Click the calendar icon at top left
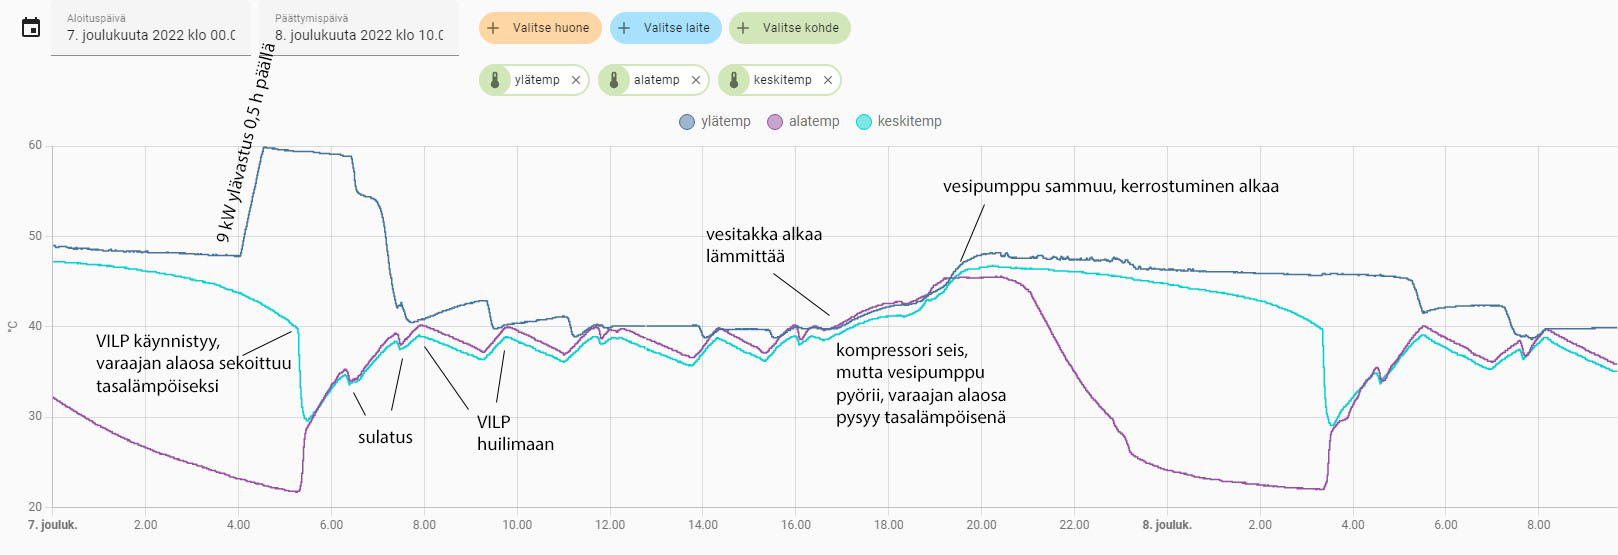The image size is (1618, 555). coord(31,28)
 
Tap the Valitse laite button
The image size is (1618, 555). coord(665,28)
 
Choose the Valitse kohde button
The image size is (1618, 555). coord(789,28)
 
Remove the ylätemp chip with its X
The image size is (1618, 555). coord(576,80)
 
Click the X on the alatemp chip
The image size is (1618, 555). coord(696,80)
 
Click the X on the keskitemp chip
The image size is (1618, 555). coord(828,80)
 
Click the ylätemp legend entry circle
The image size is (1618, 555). coord(687,122)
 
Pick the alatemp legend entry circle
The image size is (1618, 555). coord(775,122)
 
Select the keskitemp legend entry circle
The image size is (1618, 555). coord(864,122)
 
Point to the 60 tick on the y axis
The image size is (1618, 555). coord(35,145)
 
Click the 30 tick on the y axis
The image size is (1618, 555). coord(35,416)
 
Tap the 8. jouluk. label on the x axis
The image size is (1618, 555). coord(1167,525)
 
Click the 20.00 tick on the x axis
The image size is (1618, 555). coord(981,525)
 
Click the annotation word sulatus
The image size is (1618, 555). coord(385,437)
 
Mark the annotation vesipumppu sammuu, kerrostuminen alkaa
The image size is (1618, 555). coord(1110,186)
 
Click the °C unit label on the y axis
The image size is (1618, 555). coord(12,326)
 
